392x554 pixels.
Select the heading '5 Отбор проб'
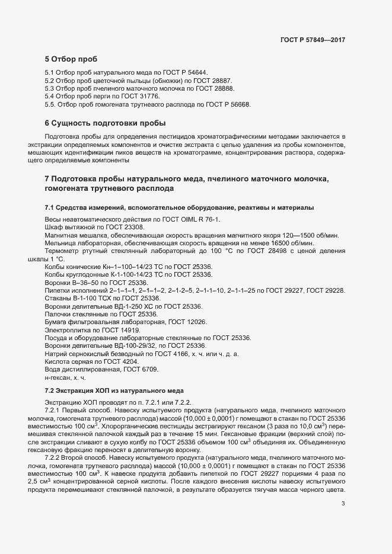[71, 59]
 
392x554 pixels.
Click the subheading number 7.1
[50, 207]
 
